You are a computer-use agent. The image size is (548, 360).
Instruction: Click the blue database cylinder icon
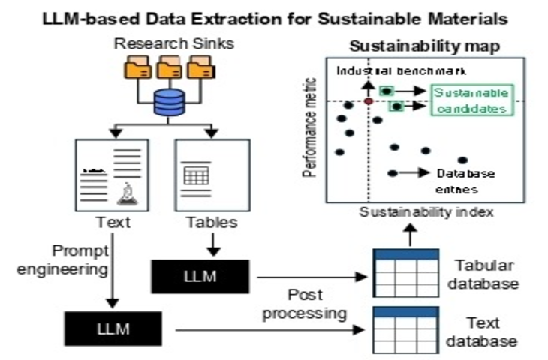(x=169, y=102)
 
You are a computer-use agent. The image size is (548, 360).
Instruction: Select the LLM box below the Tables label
(x=200, y=276)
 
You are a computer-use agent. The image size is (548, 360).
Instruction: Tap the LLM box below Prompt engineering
(x=113, y=328)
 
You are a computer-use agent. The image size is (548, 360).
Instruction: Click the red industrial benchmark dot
(x=369, y=101)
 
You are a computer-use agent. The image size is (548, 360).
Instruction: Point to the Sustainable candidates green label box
(x=472, y=100)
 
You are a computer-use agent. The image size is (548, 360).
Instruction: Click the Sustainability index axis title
(x=426, y=212)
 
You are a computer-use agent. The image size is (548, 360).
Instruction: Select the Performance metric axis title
(x=309, y=127)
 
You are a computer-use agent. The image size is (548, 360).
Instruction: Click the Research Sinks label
(x=173, y=44)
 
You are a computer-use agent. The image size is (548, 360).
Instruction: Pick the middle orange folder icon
(x=169, y=67)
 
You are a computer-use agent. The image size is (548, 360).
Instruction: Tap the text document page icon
(x=112, y=175)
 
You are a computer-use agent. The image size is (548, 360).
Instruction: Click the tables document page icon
(x=212, y=175)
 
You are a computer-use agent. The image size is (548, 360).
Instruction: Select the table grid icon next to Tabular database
(x=406, y=273)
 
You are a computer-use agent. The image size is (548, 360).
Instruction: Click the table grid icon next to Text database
(x=406, y=330)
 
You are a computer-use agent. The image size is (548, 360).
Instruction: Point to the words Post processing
(x=305, y=304)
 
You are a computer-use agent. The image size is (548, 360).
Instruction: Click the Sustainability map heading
(x=425, y=46)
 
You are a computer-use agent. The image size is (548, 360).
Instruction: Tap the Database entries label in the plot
(x=465, y=181)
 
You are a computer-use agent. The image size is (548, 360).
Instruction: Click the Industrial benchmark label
(x=401, y=71)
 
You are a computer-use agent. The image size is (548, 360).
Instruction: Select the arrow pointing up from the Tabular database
(x=411, y=235)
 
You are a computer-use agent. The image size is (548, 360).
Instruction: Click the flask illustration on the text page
(x=128, y=194)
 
